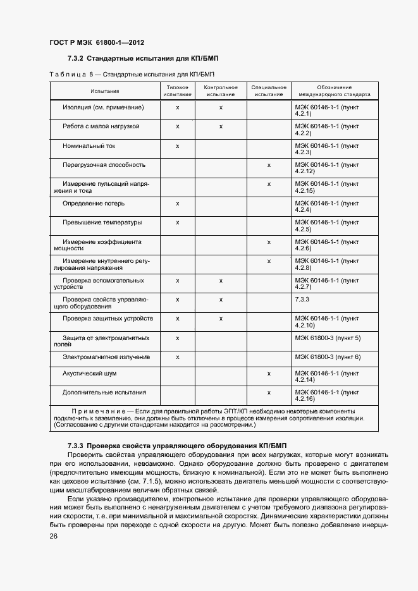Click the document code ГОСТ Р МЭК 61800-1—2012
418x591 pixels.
97,43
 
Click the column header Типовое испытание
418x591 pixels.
177,90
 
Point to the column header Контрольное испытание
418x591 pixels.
221,90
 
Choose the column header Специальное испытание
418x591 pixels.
269,90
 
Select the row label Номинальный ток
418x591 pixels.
89,145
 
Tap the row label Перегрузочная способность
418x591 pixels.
104,165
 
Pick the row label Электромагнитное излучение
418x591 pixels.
106,357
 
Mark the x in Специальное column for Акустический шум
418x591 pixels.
269,374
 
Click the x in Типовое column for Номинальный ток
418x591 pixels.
178,145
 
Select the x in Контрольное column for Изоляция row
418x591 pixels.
221,107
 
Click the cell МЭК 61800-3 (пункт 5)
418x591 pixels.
328,338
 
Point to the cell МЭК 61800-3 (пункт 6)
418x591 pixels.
328,357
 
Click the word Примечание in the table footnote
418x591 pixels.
97,411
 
